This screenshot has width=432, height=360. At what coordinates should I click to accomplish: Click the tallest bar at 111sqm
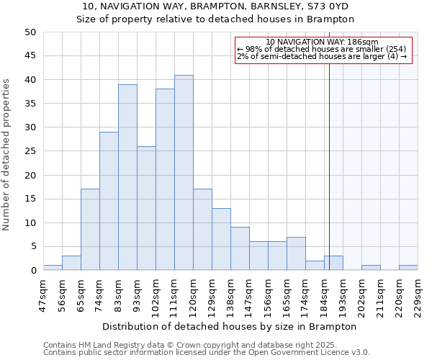[184, 173]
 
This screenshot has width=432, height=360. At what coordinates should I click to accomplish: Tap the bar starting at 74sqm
[109, 201]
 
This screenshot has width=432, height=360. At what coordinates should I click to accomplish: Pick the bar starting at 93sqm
[146, 208]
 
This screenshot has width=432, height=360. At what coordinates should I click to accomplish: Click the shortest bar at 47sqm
[53, 268]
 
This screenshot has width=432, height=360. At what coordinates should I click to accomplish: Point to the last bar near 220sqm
[408, 268]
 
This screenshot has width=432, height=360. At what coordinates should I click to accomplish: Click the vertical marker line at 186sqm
[329, 166]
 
